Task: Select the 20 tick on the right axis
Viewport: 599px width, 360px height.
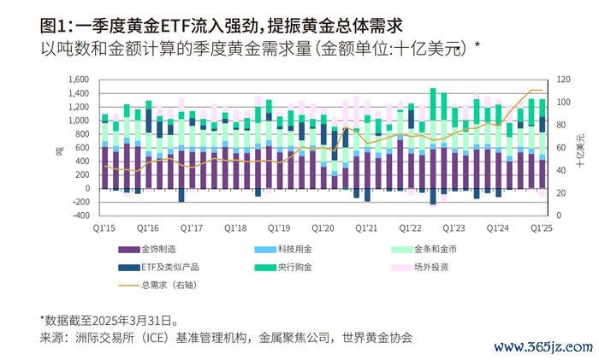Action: coord(559,193)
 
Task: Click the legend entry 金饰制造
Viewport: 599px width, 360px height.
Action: coord(158,250)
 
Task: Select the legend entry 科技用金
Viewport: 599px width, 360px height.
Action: coord(295,250)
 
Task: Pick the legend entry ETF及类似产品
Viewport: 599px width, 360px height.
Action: coord(169,267)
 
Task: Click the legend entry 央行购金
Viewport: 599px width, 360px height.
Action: coord(295,267)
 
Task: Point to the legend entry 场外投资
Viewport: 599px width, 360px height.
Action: coord(432,267)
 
